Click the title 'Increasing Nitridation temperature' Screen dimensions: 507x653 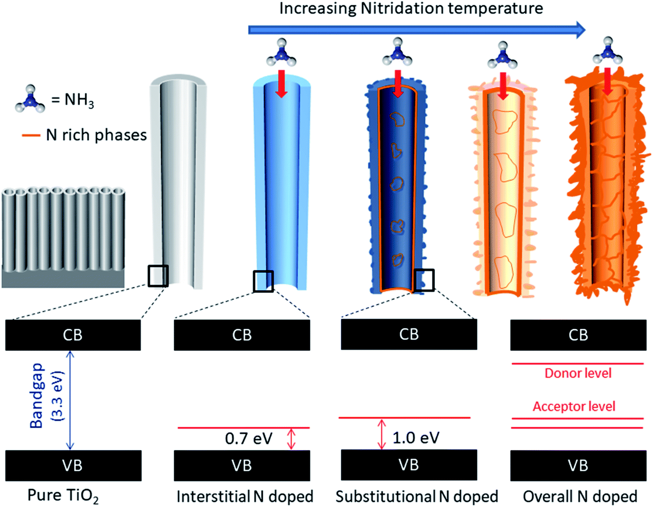click(411, 8)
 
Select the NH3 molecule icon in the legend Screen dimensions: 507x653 click(30, 99)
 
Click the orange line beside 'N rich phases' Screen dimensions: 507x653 click(31, 135)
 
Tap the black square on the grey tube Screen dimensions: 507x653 click(158, 276)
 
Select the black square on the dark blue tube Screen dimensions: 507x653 click(424, 280)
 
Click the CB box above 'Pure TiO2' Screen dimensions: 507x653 click(73, 335)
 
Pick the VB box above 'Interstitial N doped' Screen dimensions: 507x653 click(242, 466)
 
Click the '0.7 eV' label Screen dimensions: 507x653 click(248, 439)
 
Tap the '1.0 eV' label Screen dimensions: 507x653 click(416, 438)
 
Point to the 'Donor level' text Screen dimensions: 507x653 click(578, 373)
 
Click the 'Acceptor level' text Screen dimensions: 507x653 click(574, 407)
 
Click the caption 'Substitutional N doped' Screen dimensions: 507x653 click(416, 496)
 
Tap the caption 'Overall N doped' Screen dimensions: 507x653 click(580, 496)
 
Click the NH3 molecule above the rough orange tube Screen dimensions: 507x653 click(607, 52)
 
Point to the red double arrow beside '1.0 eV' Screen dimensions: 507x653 click(381, 434)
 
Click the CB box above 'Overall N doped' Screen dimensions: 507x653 click(578, 335)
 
